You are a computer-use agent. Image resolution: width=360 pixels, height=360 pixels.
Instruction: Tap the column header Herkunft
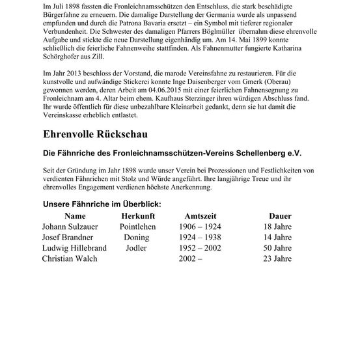(x=137, y=215)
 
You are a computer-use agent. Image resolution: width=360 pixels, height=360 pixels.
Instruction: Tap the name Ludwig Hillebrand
(x=76, y=248)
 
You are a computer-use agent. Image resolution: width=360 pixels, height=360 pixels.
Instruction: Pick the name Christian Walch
(x=70, y=258)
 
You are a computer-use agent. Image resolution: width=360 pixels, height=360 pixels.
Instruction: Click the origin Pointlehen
(x=137, y=227)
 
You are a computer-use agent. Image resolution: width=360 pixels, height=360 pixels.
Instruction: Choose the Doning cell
(x=137, y=237)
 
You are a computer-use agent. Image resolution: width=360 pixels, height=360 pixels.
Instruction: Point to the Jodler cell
(x=137, y=248)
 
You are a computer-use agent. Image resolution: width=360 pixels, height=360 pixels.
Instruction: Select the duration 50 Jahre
(x=277, y=248)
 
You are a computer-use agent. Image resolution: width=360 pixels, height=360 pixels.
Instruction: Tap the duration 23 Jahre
(x=277, y=258)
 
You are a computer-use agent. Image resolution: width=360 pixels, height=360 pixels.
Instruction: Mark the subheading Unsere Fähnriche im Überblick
(x=102, y=204)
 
